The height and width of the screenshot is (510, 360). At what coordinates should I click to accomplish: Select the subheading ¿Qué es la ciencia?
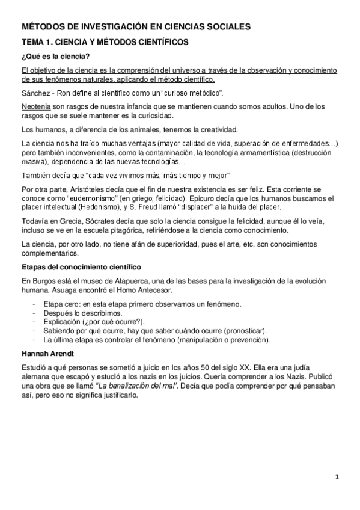click(x=55, y=57)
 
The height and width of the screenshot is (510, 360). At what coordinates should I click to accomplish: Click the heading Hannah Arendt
click(x=48, y=352)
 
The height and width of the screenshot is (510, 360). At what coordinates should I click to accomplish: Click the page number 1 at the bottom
click(x=338, y=478)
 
